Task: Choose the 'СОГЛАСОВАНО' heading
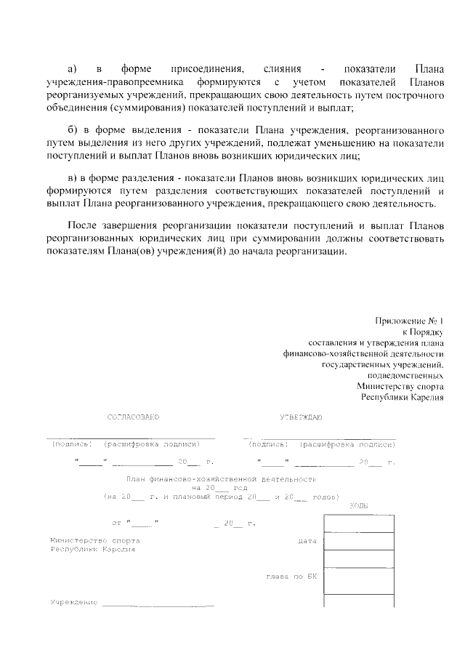(x=133, y=417)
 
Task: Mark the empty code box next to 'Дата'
(x=359, y=542)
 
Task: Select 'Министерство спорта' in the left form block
(x=95, y=542)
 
